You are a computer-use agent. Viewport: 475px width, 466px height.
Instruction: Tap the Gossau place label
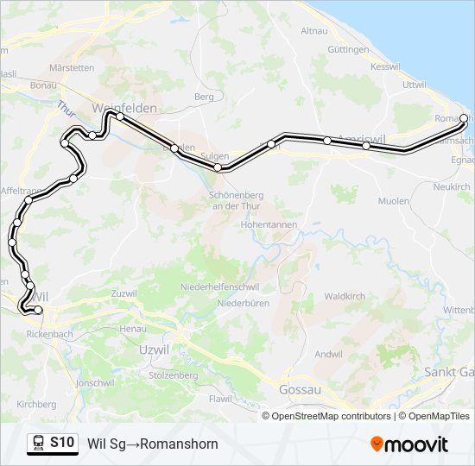click(x=300, y=390)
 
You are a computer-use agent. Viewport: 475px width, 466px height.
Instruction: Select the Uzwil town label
click(x=155, y=349)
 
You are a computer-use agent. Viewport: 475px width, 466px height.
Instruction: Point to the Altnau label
click(x=313, y=31)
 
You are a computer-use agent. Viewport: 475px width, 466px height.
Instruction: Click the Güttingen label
click(x=348, y=50)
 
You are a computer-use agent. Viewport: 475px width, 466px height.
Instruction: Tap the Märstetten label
click(x=72, y=67)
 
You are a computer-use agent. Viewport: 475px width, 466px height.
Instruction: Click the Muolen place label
click(x=394, y=200)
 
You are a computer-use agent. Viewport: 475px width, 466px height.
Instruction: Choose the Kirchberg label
click(x=36, y=404)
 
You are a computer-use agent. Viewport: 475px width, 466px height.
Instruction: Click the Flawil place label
click(x=220, y=399)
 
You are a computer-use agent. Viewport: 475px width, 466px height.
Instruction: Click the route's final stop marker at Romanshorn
click(x=464, y=118)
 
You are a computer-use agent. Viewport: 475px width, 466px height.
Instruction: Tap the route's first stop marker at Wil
click(x=38, y=310)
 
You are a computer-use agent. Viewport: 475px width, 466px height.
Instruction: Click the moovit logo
click(x=409, y=444)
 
